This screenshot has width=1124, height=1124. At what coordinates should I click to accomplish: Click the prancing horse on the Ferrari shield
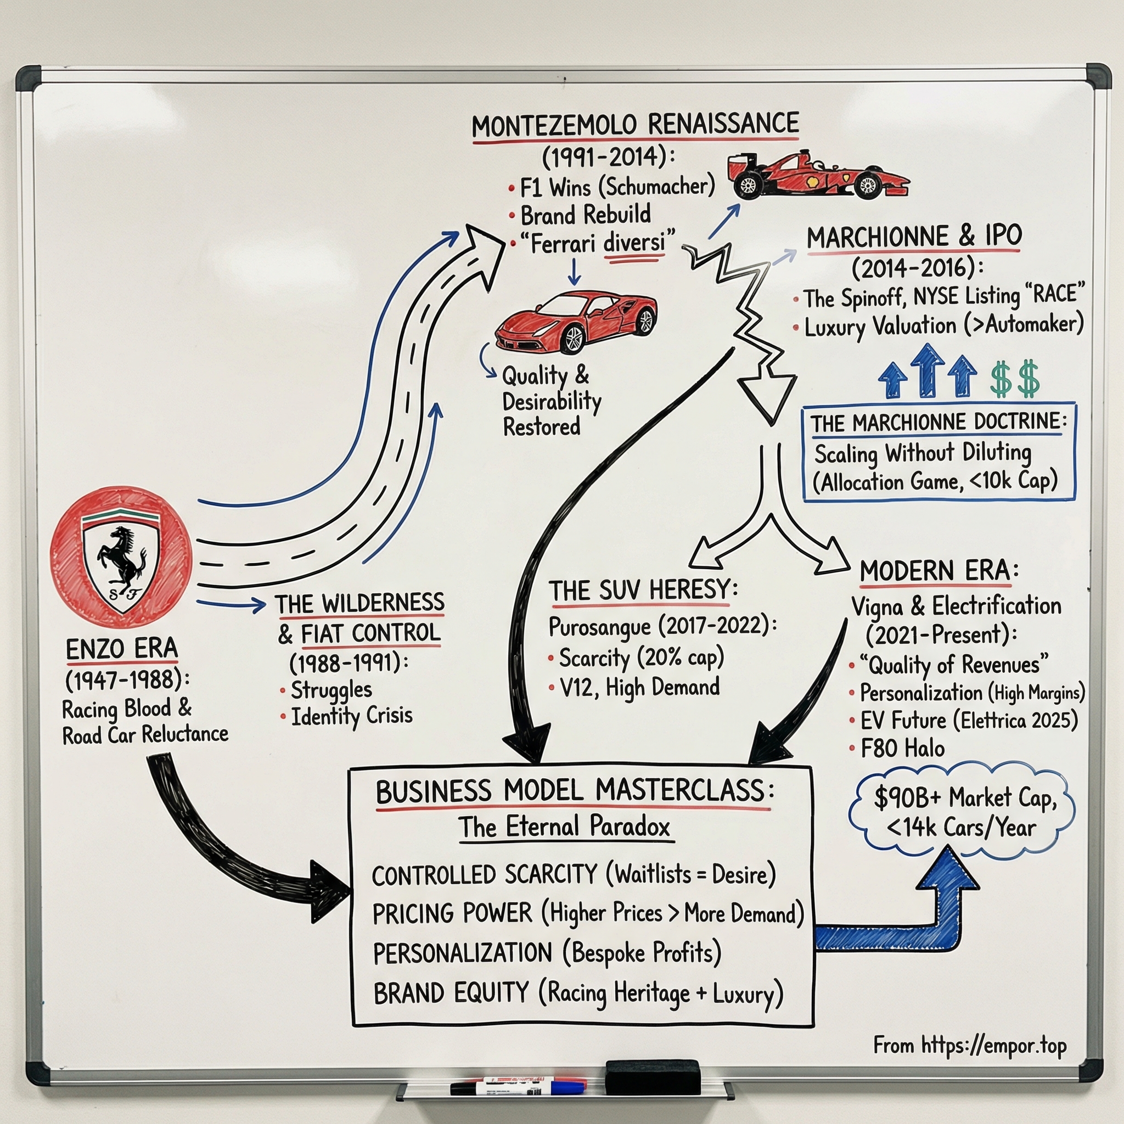pyautogui.click(x=122, y=555)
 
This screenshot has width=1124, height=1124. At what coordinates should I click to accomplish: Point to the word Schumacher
pyautogui.click(x=660, y=187)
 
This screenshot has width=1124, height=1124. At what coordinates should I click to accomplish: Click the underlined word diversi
pyautogui.click(x=633, y=243)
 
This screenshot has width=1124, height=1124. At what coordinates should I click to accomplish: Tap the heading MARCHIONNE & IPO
pyautogui.click(x=913, y=236)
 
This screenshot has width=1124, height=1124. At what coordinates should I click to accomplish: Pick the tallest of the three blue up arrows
pyautogui.click(x=927, y=370)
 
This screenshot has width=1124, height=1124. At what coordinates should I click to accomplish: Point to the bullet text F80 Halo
pyautogui.click(x=902, y=748)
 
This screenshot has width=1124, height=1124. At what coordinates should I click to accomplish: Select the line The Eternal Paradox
pyautogui.click(x=564, y=827)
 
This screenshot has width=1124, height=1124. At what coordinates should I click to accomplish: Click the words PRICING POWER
pyautogui.click(x=452, y=913)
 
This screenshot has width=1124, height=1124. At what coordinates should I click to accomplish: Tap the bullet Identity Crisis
pyautogui.click(x=351, y=716)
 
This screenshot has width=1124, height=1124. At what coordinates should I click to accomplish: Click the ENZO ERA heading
pyautogui.click(x=121, y=648)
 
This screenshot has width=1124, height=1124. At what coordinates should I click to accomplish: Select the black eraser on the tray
pyautogui.click(x=652, y=1077)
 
